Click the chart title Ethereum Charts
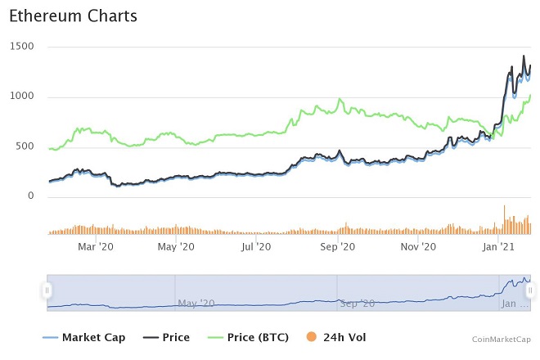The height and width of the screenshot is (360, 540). pos(73,16)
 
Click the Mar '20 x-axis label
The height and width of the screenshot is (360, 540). pos(96,245)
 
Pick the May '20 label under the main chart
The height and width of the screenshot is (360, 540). pos(176,245)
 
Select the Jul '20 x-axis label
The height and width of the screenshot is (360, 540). pos(256,245)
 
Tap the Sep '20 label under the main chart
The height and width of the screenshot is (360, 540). pos(336,245)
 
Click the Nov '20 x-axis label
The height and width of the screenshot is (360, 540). pos(417,245)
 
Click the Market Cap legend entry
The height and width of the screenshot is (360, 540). pos(82,337)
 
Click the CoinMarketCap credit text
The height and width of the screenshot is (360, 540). pos(501,339)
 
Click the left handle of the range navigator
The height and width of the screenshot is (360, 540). pos(47,290)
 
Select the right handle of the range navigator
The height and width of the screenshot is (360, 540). pos(530,290)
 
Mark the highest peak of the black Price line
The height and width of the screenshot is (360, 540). pos(524,56)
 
